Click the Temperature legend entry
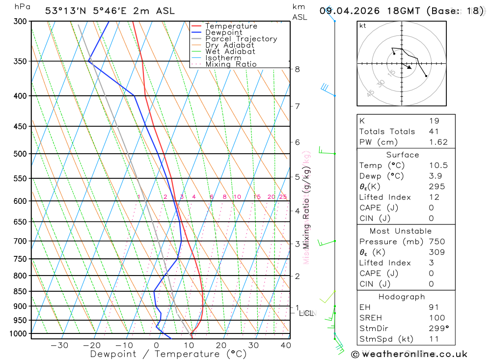click(231, 26)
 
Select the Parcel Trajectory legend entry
click(241, 39)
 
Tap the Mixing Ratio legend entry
click(231, 64)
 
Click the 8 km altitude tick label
click(298, 69)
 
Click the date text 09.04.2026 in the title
click(346, 11)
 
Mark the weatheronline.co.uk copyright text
click(409, 354)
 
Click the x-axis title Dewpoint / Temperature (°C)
click(168, 354)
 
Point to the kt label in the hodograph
click(363, 26)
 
